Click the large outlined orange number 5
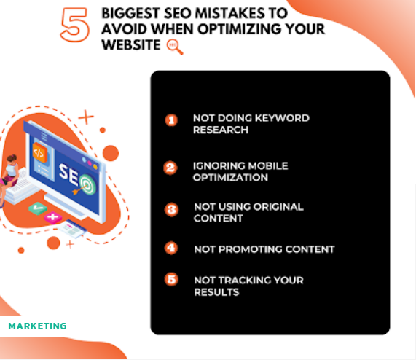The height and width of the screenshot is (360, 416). coord(75,24)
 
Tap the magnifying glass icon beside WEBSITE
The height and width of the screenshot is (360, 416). coord(175,47)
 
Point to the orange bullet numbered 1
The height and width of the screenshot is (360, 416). coord(171,120)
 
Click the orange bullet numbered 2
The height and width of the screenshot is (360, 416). coord(170,168)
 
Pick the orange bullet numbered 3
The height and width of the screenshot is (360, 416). coord(171,210)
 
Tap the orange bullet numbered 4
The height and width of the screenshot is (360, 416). coord(171,249)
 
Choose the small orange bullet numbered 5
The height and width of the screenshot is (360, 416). coord(171,279)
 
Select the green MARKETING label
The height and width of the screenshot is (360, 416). coord(37,326)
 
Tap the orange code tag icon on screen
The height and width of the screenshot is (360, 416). coord(39,152)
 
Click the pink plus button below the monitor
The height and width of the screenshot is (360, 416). coord(52,217)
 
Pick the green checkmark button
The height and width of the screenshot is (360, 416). coord(38,208)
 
